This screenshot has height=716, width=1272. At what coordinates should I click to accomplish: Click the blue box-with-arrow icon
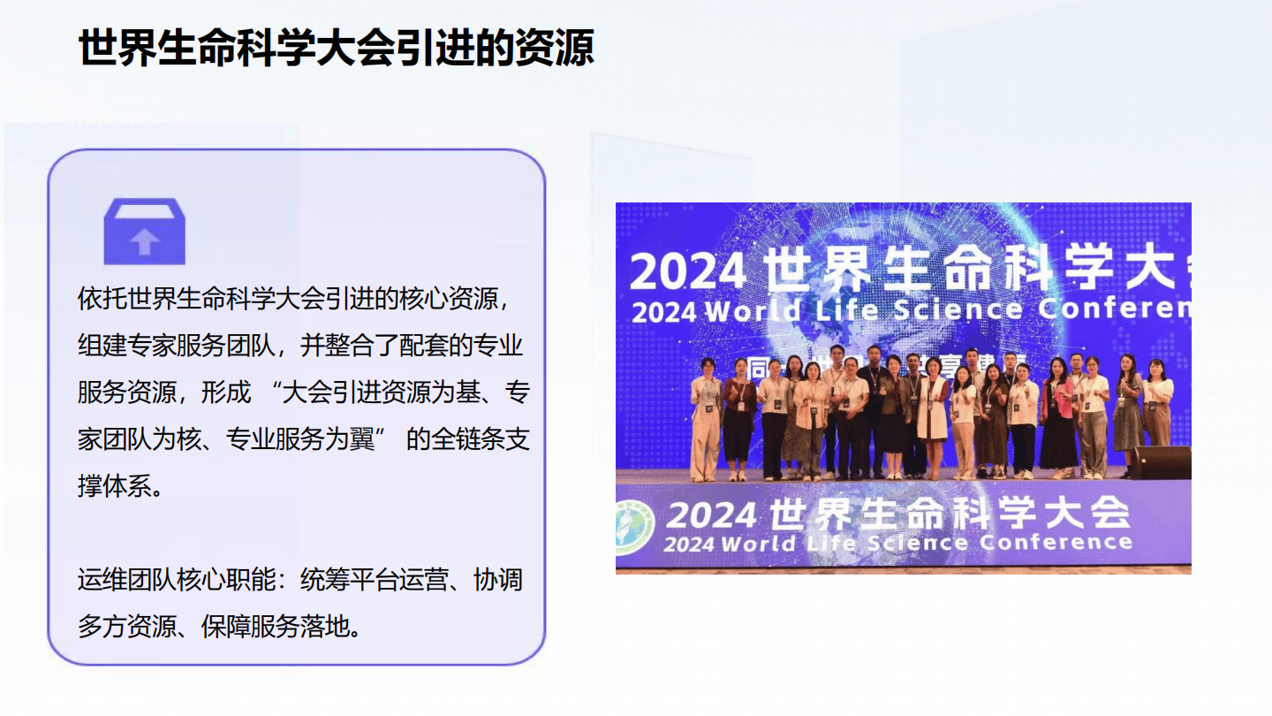(x=144, y=232)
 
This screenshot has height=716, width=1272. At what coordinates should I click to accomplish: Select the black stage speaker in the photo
(x=1160, y=462)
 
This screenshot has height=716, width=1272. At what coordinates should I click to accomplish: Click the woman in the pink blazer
(x=1057, y=415)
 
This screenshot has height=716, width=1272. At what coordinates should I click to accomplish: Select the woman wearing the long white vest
(x=931, y=415)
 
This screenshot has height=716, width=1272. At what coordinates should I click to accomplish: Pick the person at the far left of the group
(x=706, y=420)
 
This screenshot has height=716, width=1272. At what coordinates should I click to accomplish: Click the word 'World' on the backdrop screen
(x=753, y=311)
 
